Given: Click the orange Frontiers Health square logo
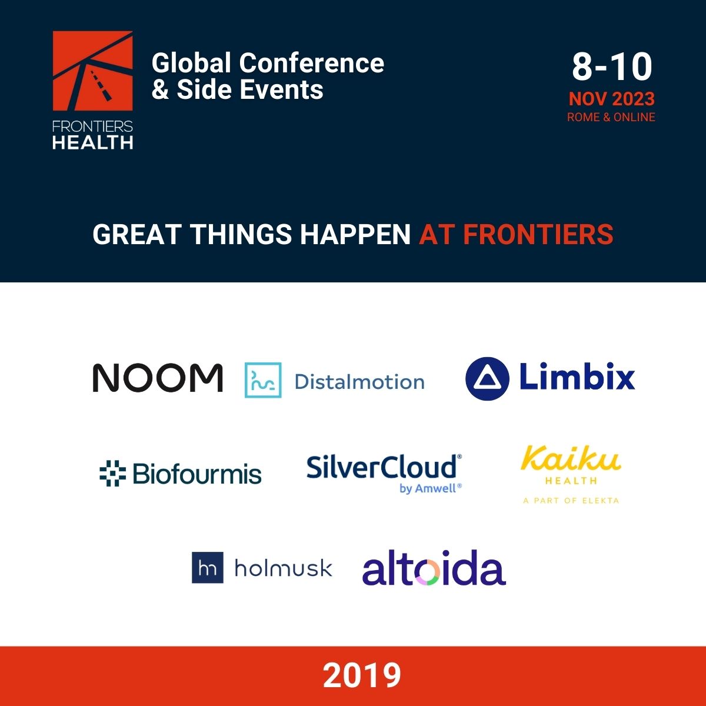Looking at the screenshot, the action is click(x=93, y=71).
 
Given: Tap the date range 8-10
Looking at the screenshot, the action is click(x=612, y=66).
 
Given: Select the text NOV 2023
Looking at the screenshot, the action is click(x=611, y=99).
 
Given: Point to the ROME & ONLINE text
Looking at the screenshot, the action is click(x=611, y=117).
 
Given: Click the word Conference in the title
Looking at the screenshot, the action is click(x=311, y=63).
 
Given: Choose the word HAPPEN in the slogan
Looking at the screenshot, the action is click(x=355, y=234).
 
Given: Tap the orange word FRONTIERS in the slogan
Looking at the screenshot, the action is click(x=538, y=234).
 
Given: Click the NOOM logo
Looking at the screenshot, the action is click(x=158, y=378).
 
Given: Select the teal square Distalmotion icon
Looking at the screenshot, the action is click(x=263, y=380).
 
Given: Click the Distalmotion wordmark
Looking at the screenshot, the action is click(x=359, y=382).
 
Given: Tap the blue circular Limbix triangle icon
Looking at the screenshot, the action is click(x=487, y=378).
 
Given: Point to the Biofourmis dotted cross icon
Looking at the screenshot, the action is click(x=112, y=473).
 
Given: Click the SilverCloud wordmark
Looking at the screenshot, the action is click(x=382, y=467).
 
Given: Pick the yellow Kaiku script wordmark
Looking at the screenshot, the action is click(x=571, y=458).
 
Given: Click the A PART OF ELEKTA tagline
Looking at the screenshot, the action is click(x=571, y=501).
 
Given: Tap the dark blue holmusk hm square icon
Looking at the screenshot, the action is click(x=207, y=568).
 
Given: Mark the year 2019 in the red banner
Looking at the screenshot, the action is click(x=362, y=675).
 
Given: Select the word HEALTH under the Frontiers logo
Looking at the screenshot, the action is click(x=93, y=142).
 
